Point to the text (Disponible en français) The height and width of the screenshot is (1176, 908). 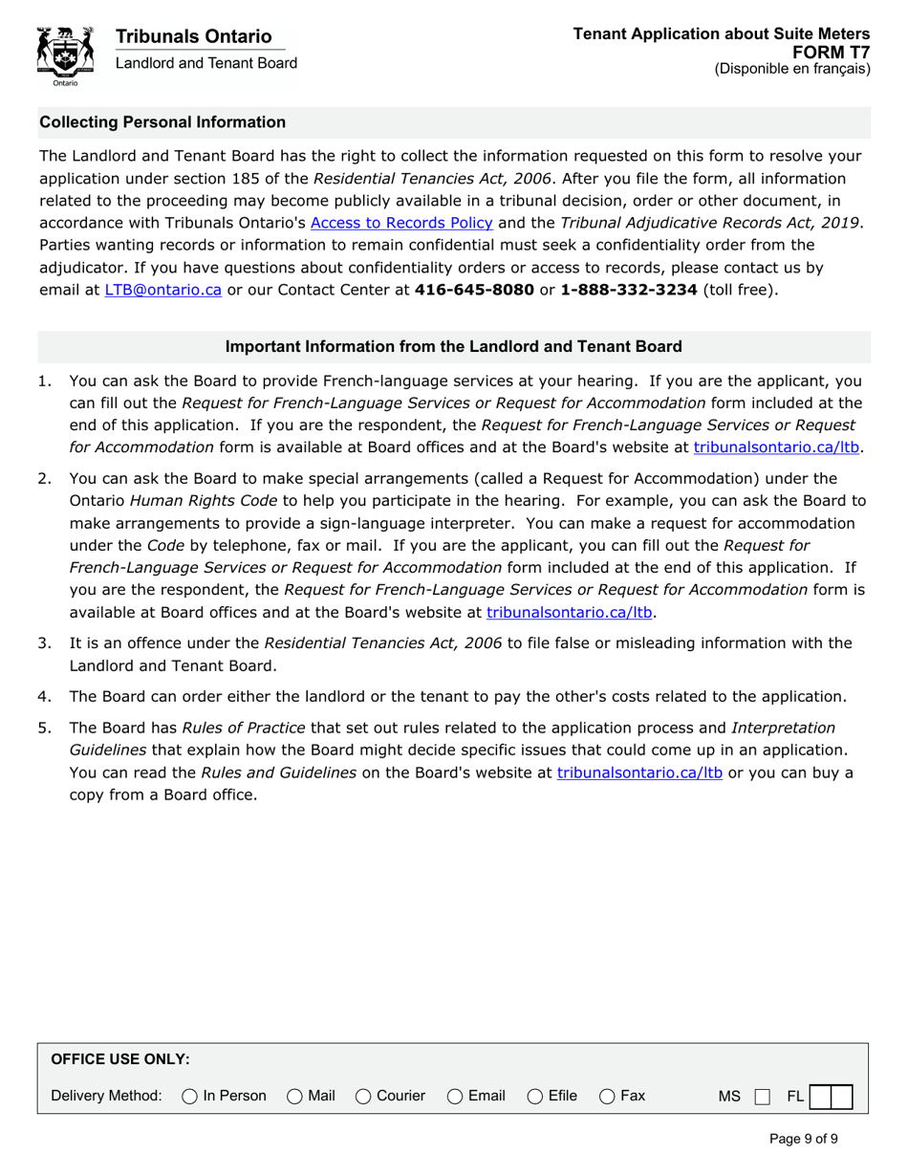[791, 69]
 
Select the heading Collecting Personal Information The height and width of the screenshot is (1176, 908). [162, 122]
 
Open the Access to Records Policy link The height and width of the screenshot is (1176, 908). [401, 223]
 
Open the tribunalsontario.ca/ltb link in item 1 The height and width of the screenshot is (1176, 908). [778, 446]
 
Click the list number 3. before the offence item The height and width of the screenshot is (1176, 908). [45, 642]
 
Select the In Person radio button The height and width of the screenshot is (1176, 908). [189, 1096]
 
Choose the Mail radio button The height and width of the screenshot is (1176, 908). [295, 1096]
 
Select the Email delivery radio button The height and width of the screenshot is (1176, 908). [455, 1096]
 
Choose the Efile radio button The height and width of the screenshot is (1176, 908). [535, 1096]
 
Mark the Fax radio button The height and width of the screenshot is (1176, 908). [607, 1096]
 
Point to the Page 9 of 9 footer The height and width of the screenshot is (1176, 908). [804, 1139]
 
